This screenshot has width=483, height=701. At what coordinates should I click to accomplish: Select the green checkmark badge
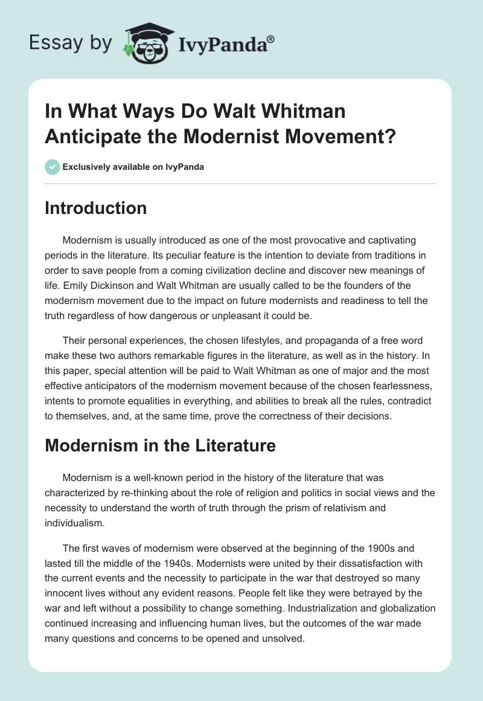(52, 167)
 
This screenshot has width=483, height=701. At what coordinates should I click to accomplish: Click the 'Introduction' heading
(96, 208)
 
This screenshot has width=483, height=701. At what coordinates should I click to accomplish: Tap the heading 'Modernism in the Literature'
(160, 445)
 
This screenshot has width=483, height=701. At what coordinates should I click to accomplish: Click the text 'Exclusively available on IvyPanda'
(133, 167)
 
